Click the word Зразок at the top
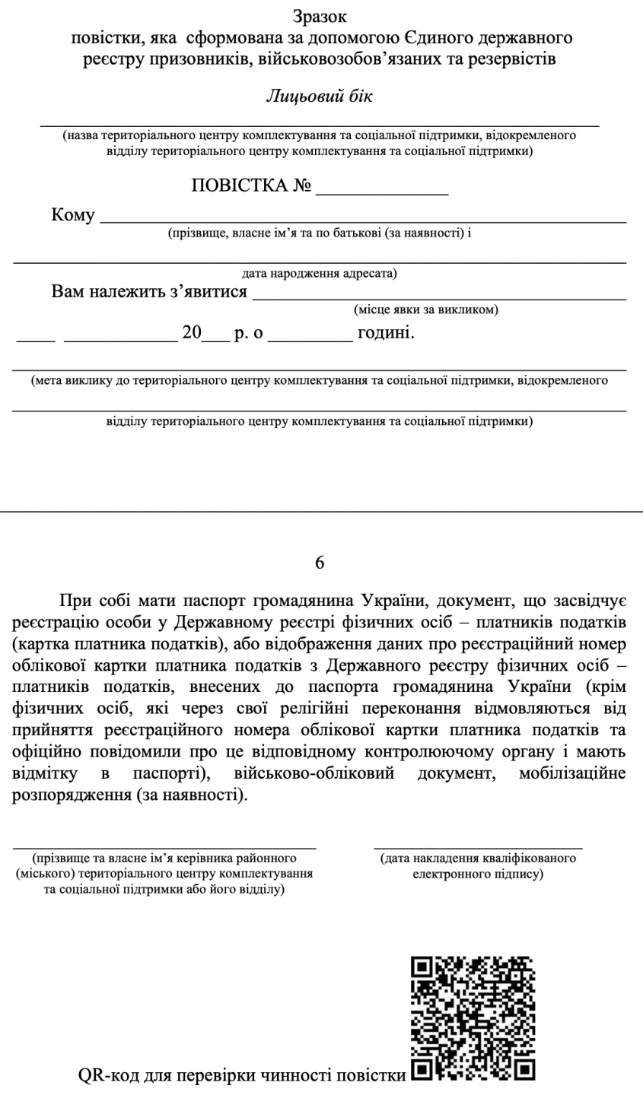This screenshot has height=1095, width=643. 320,17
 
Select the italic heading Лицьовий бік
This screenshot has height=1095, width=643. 320,97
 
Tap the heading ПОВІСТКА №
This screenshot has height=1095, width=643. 251,186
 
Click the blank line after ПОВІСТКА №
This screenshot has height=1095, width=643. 382,193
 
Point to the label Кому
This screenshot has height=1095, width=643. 73,215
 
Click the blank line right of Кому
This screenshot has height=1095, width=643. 363,221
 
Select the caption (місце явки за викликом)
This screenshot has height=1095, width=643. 426,310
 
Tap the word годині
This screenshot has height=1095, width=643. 386,333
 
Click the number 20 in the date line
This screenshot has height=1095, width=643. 192,333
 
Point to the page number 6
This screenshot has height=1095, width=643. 320,563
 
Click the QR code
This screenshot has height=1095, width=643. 473,1018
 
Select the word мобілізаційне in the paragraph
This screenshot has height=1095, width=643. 572,774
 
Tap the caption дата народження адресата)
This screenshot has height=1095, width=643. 320,273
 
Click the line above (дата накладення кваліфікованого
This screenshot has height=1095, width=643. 478,847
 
